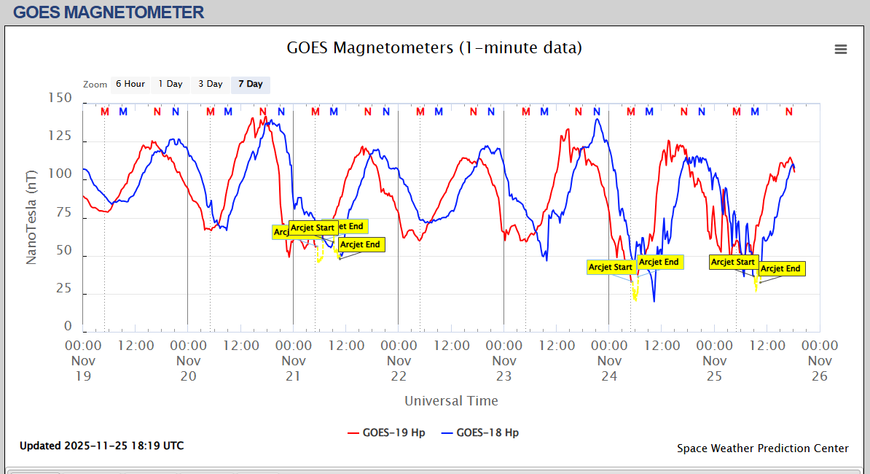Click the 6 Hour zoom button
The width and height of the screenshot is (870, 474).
(x=130, y=84)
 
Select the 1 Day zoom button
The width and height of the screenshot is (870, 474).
(x=171, y=84)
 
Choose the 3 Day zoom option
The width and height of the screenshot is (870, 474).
(x=211, y=84)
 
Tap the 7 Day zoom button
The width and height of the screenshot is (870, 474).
(x=250, y=84)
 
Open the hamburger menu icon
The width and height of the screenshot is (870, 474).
(x=841, y=49)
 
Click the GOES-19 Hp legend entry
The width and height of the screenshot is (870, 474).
(x=386, y=432)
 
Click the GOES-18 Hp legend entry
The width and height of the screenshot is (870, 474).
(x=480, y=432)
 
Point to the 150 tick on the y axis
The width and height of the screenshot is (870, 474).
(x=59, y=98)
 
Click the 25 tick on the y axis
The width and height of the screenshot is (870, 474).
(x=63, y=289)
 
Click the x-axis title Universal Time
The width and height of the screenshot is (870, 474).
(x=451, y=400)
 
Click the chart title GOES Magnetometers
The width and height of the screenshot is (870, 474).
(x=434, y=48)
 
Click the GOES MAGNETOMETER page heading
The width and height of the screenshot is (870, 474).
(x=109, y=12)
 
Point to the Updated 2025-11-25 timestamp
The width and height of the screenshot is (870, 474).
(x=101, y=445)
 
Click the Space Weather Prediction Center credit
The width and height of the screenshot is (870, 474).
(x=762, y=448)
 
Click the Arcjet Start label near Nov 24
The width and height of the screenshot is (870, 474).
(x=611, y=268)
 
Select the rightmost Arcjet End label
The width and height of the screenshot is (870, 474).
(x=780, y=269)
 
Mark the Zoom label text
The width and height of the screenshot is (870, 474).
(x=95, y=85)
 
